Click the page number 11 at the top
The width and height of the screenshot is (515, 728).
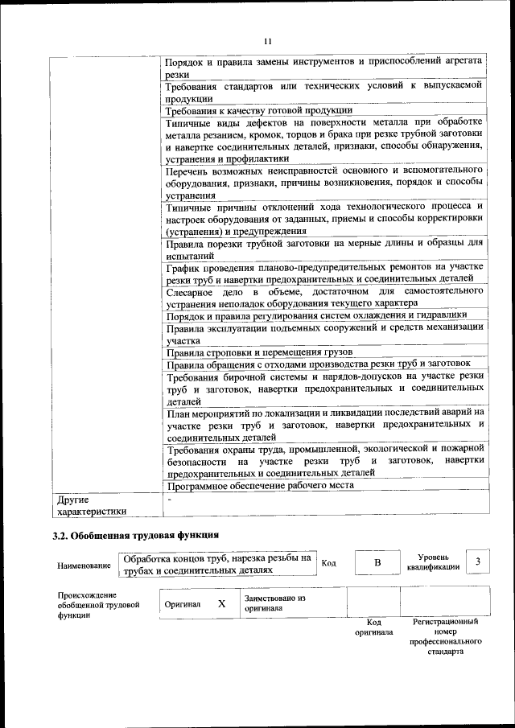(x=268, y=42)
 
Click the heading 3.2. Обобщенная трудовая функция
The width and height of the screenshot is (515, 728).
(x=135, y=534)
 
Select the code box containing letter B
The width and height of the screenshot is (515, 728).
(x=376, y=563)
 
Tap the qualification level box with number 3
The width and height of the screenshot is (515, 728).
(x=478, y=561)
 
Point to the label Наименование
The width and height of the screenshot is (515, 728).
(x=84, y=566)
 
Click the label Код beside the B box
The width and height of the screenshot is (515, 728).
(x=328, y=563)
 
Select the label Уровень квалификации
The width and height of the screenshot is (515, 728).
(x=433, y=561)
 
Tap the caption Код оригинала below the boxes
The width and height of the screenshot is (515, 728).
(x=373, y=627)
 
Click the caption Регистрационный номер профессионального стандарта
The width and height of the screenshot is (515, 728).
(x=445, y=637)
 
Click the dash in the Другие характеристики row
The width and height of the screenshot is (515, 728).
(x=169, y=500)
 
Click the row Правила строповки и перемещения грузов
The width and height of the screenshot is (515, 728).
(x=259, y=352)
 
